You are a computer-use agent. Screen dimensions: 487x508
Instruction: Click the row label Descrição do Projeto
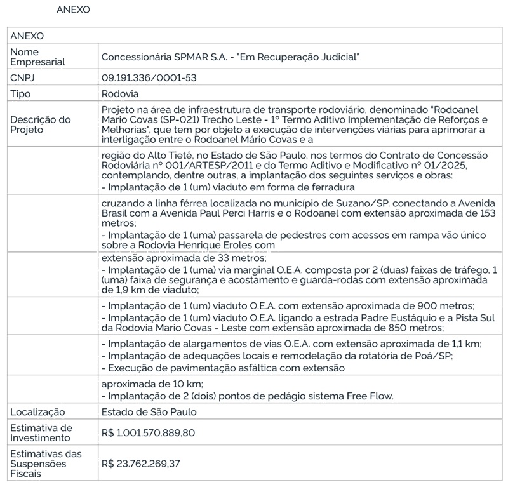(41, 124)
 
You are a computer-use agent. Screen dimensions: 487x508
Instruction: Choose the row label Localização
(37, 412)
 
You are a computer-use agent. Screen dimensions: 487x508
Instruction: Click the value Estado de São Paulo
(149, 412)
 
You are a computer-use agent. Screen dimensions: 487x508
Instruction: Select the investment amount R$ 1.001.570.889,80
(148, 434)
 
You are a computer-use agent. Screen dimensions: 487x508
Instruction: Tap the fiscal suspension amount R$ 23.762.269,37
(140, 464)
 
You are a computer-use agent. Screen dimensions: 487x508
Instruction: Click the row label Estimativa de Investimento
(42, 433)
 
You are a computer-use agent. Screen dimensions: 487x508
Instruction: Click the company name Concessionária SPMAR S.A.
(168, 57)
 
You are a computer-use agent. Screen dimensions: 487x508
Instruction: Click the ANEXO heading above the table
(74, 10)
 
